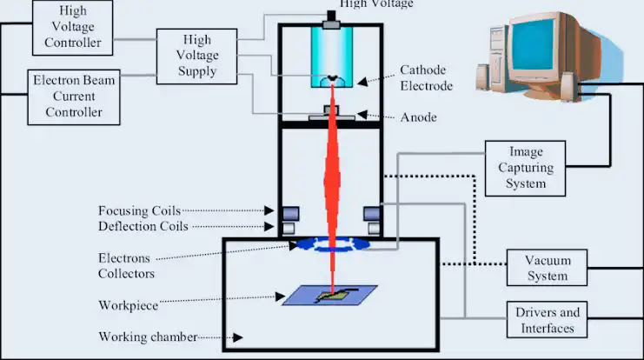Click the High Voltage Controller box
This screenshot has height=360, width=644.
point(73,28)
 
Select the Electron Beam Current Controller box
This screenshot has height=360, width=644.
point(74,97)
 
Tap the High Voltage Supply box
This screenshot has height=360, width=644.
point(196,57)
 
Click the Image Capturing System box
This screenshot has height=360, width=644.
point(525,168)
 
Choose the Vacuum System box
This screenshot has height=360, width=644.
point(547,268)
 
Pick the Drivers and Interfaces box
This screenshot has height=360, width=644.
point(547,320)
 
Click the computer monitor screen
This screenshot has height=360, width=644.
point(533,44)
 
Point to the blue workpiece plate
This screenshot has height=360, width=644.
point(329,295)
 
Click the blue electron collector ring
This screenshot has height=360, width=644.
point(333,244)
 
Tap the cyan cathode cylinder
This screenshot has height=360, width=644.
point(332,57)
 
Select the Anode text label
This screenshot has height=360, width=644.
point(419,117)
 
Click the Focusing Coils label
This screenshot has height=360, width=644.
point(140,210)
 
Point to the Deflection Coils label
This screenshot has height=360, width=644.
point(143,226)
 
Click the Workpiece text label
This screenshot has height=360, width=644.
point(128,306)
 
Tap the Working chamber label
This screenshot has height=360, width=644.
point(148,337)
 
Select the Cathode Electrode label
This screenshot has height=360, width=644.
point(427,77)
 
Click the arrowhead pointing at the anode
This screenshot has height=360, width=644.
point(362,115)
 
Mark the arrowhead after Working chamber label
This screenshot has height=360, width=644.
point(238,337)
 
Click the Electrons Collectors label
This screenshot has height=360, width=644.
point(127,266)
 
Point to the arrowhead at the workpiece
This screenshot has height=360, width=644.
point(280,297)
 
